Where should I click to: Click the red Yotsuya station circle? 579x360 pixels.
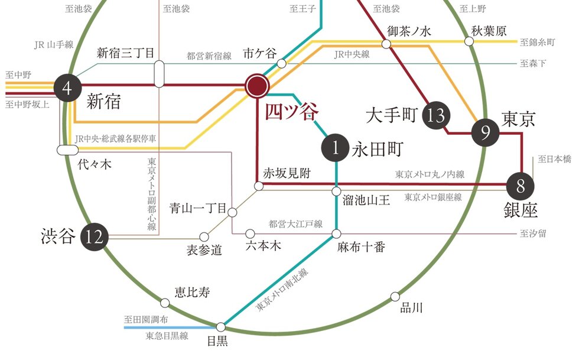coord(257,87)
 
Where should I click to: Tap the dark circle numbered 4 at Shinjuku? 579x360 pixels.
coord(67,89)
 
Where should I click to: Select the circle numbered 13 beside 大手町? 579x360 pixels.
coord(436,115)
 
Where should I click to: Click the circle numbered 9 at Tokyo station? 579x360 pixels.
coord(486,134)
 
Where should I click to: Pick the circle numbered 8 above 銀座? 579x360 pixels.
coord(521,186)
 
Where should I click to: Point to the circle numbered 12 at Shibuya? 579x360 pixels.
coord(95,237)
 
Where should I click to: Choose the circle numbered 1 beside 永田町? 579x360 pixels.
coord(336,149)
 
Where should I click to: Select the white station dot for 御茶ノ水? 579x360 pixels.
coord(386,44)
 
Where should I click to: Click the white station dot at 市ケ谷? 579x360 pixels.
coord(282,63)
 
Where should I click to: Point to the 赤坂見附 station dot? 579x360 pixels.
coord(258,186)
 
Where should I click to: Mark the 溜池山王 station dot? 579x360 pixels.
coord(336,191)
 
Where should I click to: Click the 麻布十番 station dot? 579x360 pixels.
coord(336,233)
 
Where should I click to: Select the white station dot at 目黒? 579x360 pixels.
coord(221,326)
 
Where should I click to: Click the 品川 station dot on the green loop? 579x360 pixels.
coord(395,297)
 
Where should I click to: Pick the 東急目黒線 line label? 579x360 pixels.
coord(167,336)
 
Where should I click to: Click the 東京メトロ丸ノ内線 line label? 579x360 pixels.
coord(430,174)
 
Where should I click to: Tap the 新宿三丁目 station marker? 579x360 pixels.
coord(159,73)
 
